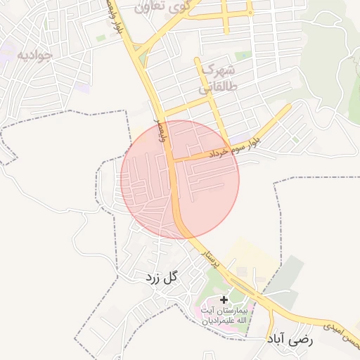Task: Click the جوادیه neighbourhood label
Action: (x=34, y=56)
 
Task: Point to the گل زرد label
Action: (x=163, y=278)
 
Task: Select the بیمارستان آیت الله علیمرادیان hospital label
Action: (x=224, y=316)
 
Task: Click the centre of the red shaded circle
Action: (x=180, y=179)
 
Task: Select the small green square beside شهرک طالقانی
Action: (x=243, y=56)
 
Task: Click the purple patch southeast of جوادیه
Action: (x=84, y=88)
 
